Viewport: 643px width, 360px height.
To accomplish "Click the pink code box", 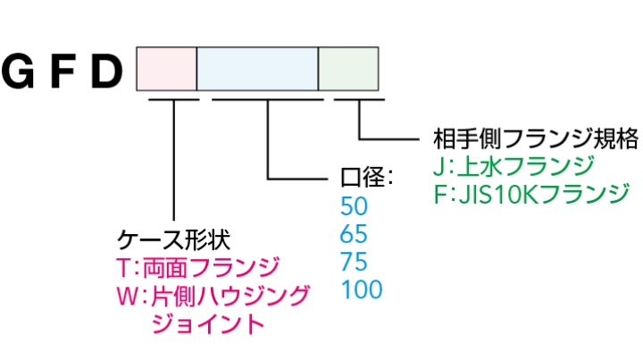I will [x=166, y=69].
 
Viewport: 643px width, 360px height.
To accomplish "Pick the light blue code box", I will [x=257, y=69].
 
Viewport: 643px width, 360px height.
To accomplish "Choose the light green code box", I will [x=349, y=69].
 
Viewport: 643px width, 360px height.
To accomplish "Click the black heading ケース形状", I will [x=174, y=239].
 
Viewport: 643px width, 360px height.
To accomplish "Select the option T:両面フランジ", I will [x=198, y=267].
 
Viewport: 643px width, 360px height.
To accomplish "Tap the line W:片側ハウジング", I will [x=213, y=295].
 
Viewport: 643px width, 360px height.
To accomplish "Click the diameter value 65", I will [x=354, y=235].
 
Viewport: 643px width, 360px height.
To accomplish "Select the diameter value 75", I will [x=354, y=263].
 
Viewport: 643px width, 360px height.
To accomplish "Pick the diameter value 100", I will [x=361, y=290].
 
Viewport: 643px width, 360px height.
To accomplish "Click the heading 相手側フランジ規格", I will [x=535, y=138].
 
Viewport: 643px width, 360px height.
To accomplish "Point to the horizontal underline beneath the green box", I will [x=359, y=98].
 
